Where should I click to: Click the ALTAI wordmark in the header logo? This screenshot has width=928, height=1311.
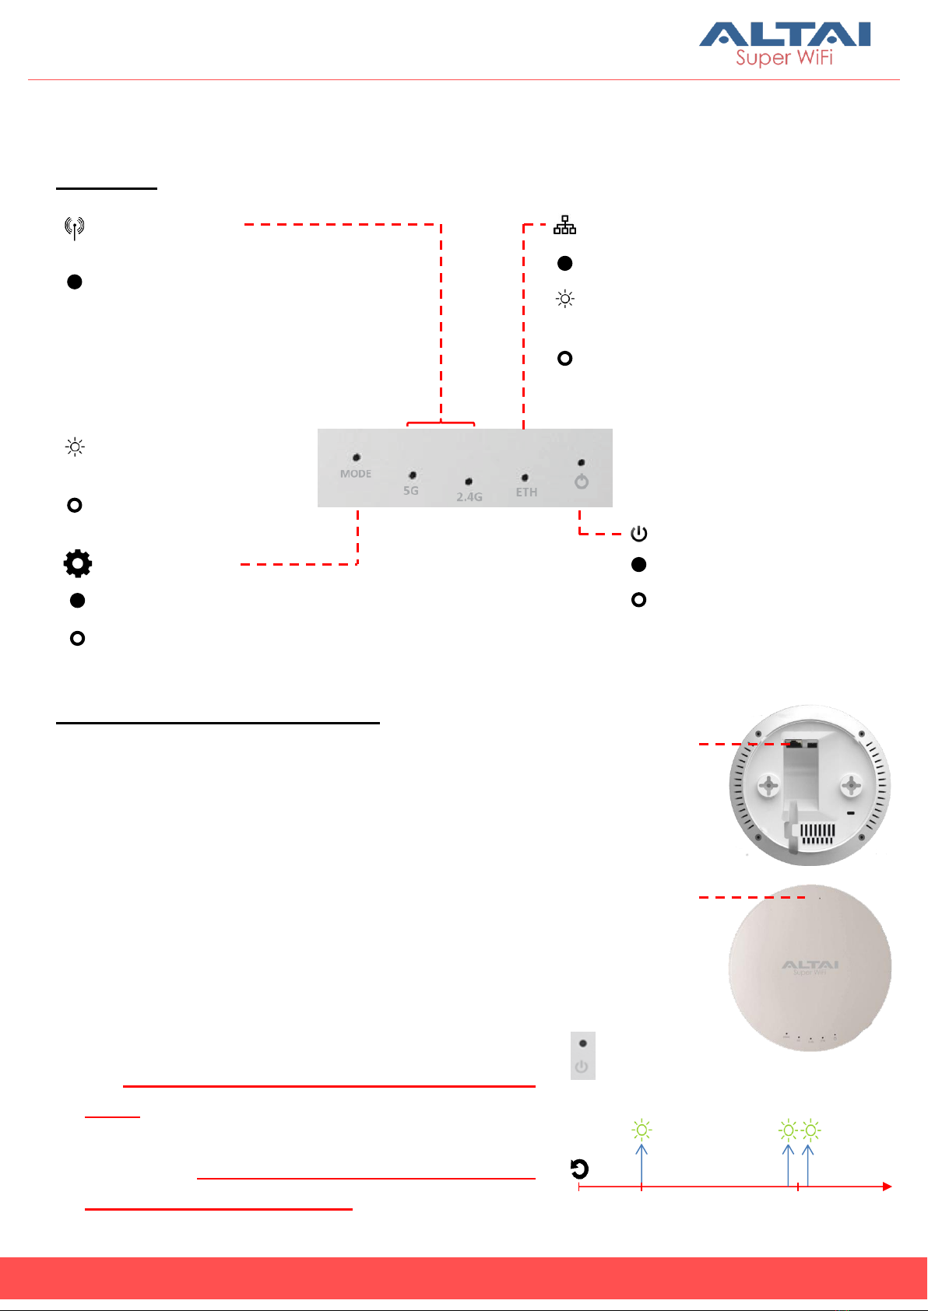(x=784, y=35)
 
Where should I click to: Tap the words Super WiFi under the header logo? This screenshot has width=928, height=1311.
(x=784, y=58)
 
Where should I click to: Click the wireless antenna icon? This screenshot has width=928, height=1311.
(x=74, y=228)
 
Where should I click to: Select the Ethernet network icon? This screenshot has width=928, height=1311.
(x=564, y=226)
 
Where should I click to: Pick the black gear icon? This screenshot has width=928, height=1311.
(x=77, y=563)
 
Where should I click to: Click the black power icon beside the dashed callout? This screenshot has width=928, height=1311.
(x=638, y=534)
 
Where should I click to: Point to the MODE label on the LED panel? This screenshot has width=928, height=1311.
(x=356, y=474)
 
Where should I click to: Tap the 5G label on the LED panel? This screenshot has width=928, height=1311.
(x=411, y=491)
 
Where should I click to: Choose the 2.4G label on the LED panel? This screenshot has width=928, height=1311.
(x=469, y=496)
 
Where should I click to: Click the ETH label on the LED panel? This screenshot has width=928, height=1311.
(x=526, y=492)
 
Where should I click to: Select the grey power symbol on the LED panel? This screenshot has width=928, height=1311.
(x=582, y=482)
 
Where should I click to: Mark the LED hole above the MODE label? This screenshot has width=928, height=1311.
(x=357, y=457)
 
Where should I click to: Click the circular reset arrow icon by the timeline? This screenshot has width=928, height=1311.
(x=579, y=1169)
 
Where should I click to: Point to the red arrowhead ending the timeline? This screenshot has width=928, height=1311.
(x=886, y=1187)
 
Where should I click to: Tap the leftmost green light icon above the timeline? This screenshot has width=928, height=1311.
(x=642, y=1130)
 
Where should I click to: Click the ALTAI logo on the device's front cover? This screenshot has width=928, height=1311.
(x=810, y=966)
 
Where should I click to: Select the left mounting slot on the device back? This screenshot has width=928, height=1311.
(x=769, y=786)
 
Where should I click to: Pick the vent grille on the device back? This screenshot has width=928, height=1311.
(x=818, y=836)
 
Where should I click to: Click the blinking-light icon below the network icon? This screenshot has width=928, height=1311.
(x=564, y=299)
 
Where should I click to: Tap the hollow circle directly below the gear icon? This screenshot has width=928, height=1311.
(x=77, y=638)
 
